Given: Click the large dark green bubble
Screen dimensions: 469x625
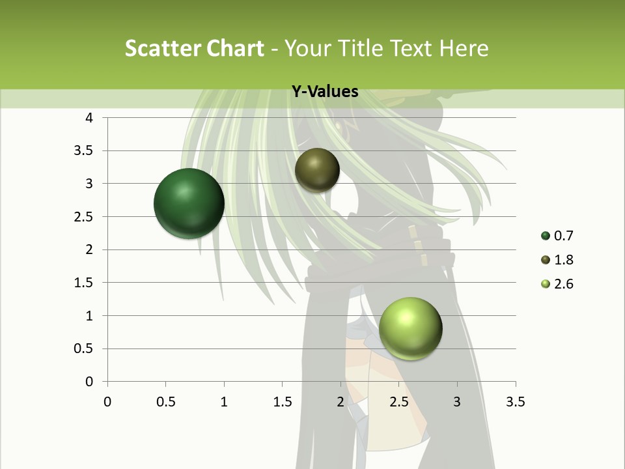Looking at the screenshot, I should pos(189,203).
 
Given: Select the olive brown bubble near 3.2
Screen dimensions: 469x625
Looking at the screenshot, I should pos(317,170).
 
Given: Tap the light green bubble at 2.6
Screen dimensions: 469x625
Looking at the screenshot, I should pos(410,328).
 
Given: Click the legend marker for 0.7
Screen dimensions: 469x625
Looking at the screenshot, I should pos(546,236).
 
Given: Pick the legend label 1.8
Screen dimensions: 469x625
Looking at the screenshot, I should pos(563,260).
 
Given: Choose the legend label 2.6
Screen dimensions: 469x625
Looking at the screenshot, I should pos(563,284).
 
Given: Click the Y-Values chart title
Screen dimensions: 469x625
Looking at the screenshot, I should pos(325,92).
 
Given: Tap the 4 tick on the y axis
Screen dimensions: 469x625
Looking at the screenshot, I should pos(90,118).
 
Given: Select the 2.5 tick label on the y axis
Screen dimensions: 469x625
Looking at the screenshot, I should pos(84,217).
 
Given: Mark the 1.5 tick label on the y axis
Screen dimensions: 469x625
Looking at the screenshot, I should pos(84,283).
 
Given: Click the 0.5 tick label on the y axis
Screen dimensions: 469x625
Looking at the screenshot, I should pos(84,348).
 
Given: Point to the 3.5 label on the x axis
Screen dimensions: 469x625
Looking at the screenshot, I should pos(515,402).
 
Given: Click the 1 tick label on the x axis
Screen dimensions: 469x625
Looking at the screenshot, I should pos(224,402).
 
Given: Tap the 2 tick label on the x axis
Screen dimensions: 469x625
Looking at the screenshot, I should pos(340,402).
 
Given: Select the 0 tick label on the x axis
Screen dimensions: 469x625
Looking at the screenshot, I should pos(107,402).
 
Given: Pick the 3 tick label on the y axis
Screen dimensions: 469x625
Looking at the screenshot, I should pos(90,184).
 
